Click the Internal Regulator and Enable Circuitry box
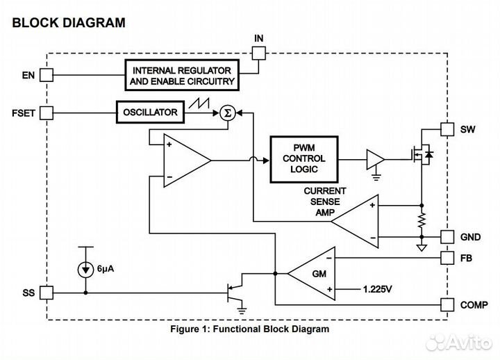click(x=181, y=76)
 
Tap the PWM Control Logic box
click(x=303, y=159)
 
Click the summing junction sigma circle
click(x=226, y=113)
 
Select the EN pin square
click(x=47, y=73)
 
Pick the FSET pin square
click(x=47, y=112)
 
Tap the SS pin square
click(x=47, y=293)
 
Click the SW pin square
click(x=447, y=129)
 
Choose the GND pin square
click(x=447, y=236)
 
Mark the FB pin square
click(x=447, y=257)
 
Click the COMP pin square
click(x=447, y=304)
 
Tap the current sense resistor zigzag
click(x=422, y=222)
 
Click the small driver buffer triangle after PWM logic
click(x=376, y=159)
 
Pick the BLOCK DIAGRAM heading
click(x=69, y=23)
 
